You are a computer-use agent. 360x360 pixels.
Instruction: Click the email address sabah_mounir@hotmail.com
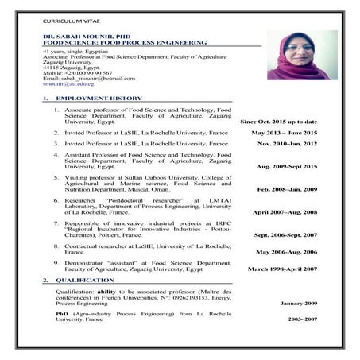(x=93, y=78)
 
